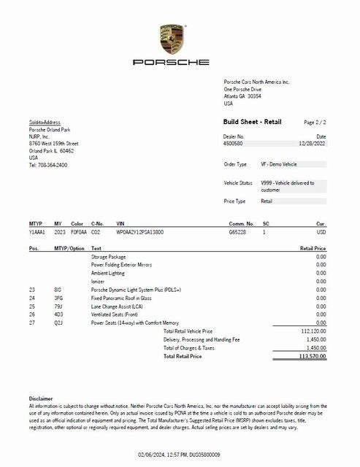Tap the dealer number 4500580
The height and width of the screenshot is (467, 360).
coord(234,144)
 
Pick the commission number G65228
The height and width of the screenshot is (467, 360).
coord(239,231)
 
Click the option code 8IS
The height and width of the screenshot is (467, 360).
coord(58,290)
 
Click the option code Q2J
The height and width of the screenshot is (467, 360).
coord(58,322)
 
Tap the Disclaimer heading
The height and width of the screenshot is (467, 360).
coord(41,398)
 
